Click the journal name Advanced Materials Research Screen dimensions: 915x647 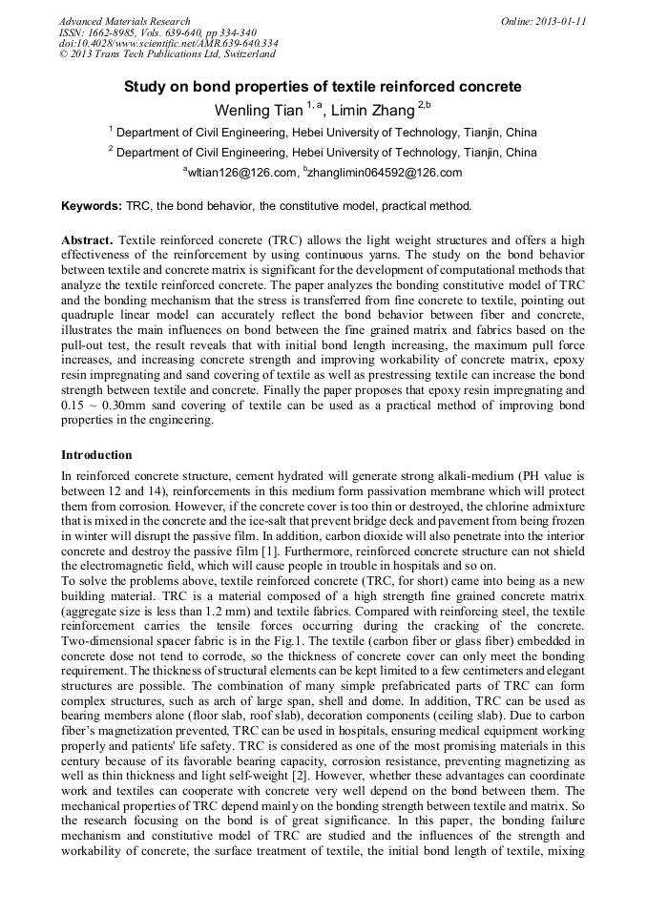[124, 21]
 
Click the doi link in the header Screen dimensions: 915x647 [168, 43]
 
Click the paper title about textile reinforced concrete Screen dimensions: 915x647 [323, 87]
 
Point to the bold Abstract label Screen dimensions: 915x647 [88, 240]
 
